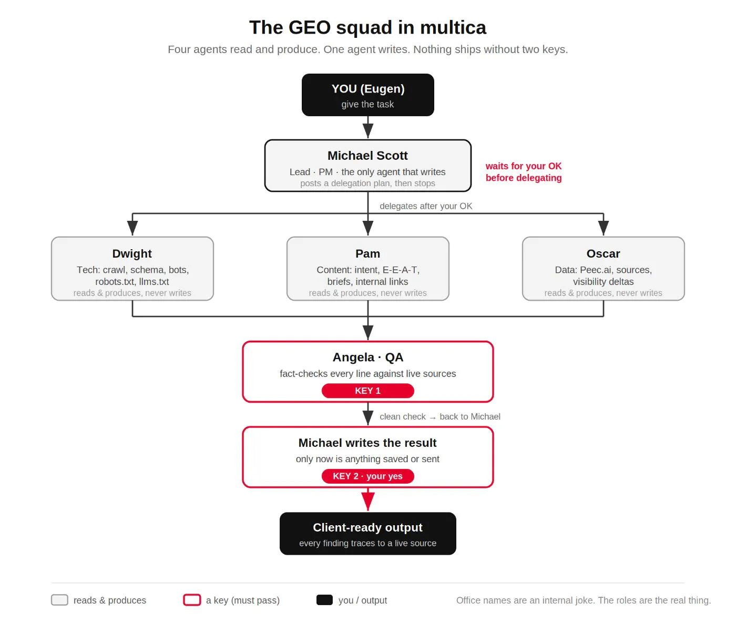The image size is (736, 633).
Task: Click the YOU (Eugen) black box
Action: tap(367, 95)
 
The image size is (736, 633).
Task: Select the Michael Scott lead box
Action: tap(367, 166)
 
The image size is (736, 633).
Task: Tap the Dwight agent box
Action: tap(132, 269)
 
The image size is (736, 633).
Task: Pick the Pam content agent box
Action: tap(367, 269)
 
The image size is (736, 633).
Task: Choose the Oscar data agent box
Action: tap(603, 269)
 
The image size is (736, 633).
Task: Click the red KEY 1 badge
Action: tap(367, 391)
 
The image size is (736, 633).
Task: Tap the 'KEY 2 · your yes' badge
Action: tap(367, 476)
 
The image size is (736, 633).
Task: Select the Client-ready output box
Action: tap(367, 533)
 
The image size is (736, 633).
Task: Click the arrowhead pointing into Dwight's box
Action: tap(132, 228)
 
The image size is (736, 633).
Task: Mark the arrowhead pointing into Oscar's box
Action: tap(603, 228)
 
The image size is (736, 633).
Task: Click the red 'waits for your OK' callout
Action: tap(524, 172)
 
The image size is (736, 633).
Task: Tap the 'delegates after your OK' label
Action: tap(425, 206)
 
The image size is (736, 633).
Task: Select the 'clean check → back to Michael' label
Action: tap(439, 416)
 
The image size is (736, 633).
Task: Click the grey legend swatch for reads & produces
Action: tap(59, 600)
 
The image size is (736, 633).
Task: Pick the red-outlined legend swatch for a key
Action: tap(192, 600)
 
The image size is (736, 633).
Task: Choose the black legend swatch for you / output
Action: tap(324, 600)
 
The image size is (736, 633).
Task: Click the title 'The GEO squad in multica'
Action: tap(367, 27)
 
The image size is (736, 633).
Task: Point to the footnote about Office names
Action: tap(583, 600)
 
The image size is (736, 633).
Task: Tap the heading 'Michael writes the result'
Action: tap(367, 443)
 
